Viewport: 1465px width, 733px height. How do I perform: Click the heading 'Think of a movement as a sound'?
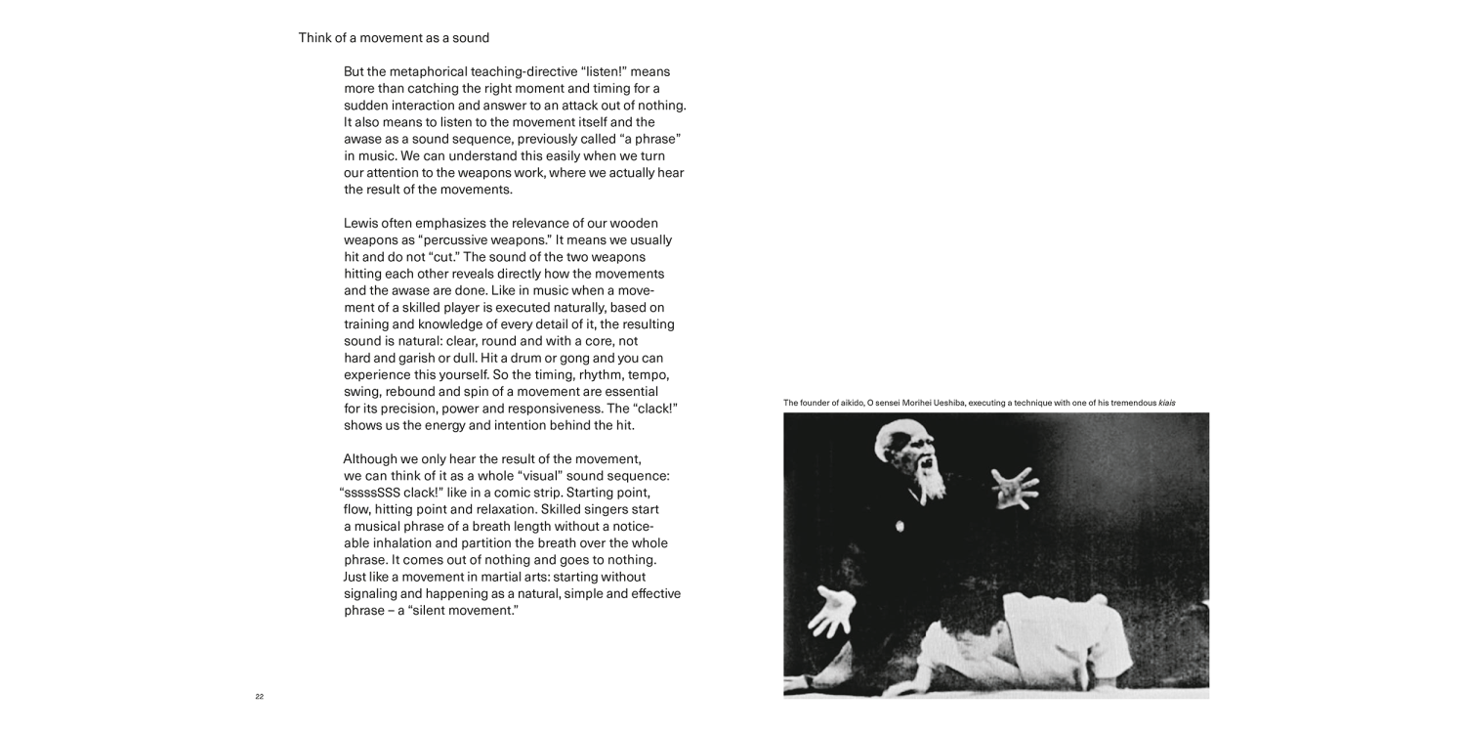click(x=394, y=38)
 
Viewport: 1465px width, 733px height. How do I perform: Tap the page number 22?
click(x=259, y=697)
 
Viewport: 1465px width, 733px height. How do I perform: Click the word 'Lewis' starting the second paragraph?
click(x=361, y=223)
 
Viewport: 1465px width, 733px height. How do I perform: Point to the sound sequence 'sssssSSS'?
click(x=371, y=493)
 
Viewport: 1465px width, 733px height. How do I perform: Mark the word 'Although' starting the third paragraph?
click(x=371, y=458)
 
